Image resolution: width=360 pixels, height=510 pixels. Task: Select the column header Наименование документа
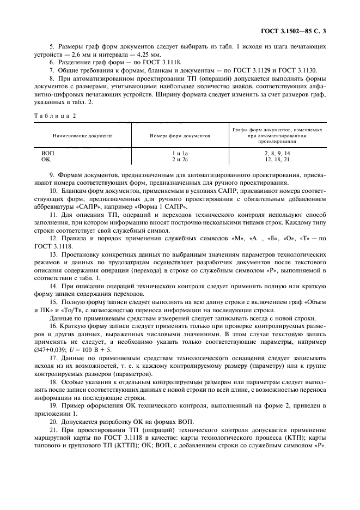82,135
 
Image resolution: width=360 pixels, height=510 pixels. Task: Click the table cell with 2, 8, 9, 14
277,154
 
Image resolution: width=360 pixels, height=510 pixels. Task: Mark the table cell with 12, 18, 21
277,160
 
